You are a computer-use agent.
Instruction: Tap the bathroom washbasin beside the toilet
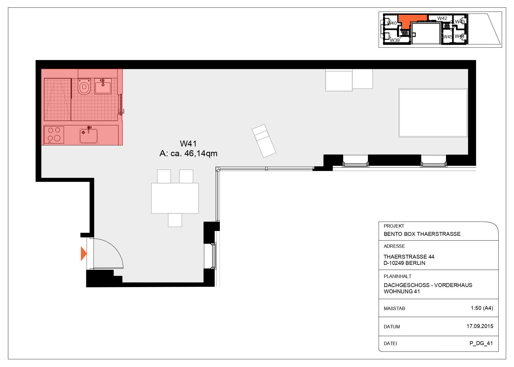pos(103,86)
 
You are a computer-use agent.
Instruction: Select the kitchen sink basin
pos(89,136)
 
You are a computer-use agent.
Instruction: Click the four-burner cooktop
pos(54,135)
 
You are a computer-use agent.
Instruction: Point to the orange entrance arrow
pos(83,253)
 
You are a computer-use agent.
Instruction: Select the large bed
pos(433,113)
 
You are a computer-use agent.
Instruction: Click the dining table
pos(175,198)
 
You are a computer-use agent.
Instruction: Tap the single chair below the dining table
pos(175,220)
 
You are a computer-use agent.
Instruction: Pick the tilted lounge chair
pos(264,141)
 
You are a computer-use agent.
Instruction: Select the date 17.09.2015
pos(480,326)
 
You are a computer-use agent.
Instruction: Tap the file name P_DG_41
pos(481,343)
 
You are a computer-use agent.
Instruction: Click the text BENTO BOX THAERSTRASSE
pos(422,234)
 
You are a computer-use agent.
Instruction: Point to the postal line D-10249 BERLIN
pos(404,263)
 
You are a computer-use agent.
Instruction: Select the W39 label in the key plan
pos(395,40)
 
